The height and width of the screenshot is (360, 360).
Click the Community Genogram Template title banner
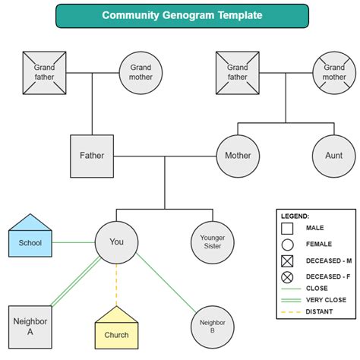tap(182, 15)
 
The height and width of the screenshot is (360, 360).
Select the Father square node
tap(92, 156)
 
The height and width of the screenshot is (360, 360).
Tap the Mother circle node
tap(238, 156)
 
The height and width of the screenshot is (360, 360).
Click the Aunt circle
tap(333, 156)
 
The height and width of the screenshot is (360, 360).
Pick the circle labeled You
tap(116, 242)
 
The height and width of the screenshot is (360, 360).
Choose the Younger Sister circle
tap(212, 242)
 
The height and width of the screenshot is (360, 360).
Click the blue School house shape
tap(30, 238)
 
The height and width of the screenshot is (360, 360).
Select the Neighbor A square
tap(30, 327)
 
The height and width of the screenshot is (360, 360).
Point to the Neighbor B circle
tap(212, 327)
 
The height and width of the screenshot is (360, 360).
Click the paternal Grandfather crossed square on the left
tap(44, 72)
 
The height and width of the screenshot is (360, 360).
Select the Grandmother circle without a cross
tap(141, 72)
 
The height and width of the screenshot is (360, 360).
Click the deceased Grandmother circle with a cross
tap(333, 72)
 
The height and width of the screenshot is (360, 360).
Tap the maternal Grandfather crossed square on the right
tap(237, 72)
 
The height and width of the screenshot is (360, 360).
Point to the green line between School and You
tap(74, 243)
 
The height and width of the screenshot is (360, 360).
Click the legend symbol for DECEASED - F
tap(286, 277)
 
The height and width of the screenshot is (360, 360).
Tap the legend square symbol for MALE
tap(286, 227)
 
